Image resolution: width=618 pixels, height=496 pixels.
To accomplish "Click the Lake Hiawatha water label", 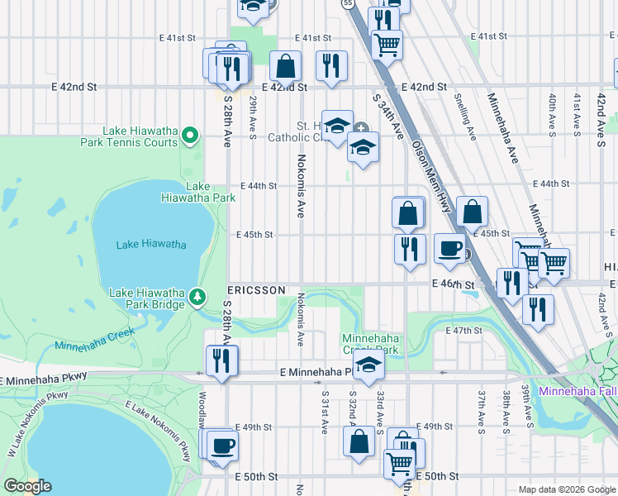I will (151, 244).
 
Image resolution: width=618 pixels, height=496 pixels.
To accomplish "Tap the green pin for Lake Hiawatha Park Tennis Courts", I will (190, 134).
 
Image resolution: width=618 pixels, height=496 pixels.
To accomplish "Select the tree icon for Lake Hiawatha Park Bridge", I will (197, 295).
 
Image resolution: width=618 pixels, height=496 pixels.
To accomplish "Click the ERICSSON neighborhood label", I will (257, 291).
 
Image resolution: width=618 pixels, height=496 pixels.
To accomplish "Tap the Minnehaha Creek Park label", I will (371, 344).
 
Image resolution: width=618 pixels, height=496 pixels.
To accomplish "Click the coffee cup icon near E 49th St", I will (221, 446).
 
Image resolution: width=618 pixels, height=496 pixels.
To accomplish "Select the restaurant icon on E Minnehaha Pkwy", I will (221, 360).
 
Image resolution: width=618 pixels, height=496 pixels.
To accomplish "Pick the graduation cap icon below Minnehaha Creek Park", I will (369, 365).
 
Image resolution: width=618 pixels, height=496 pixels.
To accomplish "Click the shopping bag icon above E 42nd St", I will (285, 65).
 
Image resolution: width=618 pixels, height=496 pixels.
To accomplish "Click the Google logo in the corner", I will (28, 485).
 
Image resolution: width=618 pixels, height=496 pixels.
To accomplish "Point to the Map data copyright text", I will (567, 489).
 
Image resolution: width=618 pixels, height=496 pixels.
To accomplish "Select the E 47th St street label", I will (463, 331).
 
